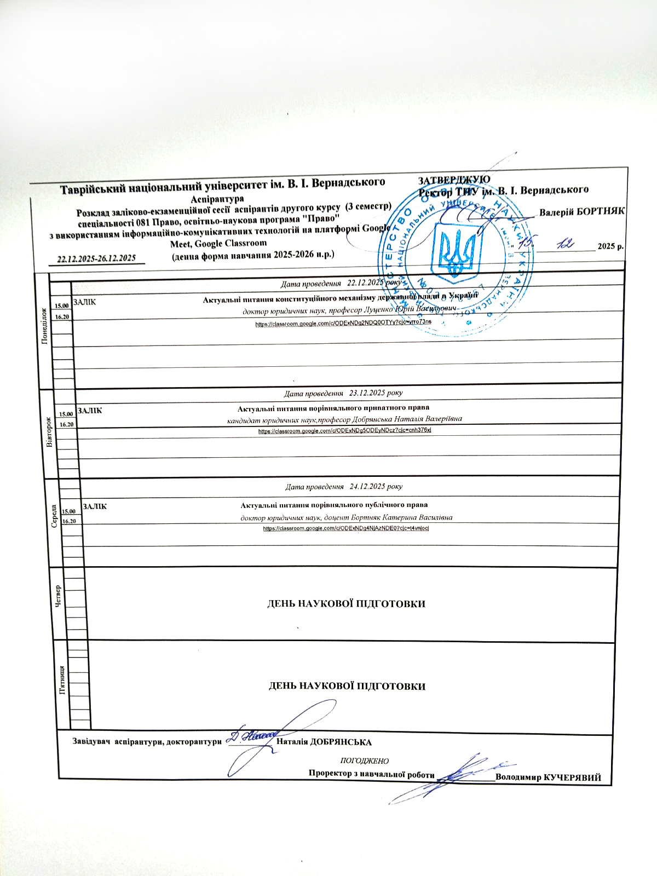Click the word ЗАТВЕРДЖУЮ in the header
tap(454, 180)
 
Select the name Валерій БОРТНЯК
tap(582, 212)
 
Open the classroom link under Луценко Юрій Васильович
tap(343, 324)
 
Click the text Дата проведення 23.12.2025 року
tap(343, 393)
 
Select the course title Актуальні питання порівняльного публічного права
tap(334, 505)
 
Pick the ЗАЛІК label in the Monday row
tap(84, 302)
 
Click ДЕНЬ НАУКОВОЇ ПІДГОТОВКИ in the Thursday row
tap(346, 603)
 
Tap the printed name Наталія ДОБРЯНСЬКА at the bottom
tap(324, 742)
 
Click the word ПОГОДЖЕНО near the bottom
tap(365, 761)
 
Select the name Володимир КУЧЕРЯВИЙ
tap(548, 777)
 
